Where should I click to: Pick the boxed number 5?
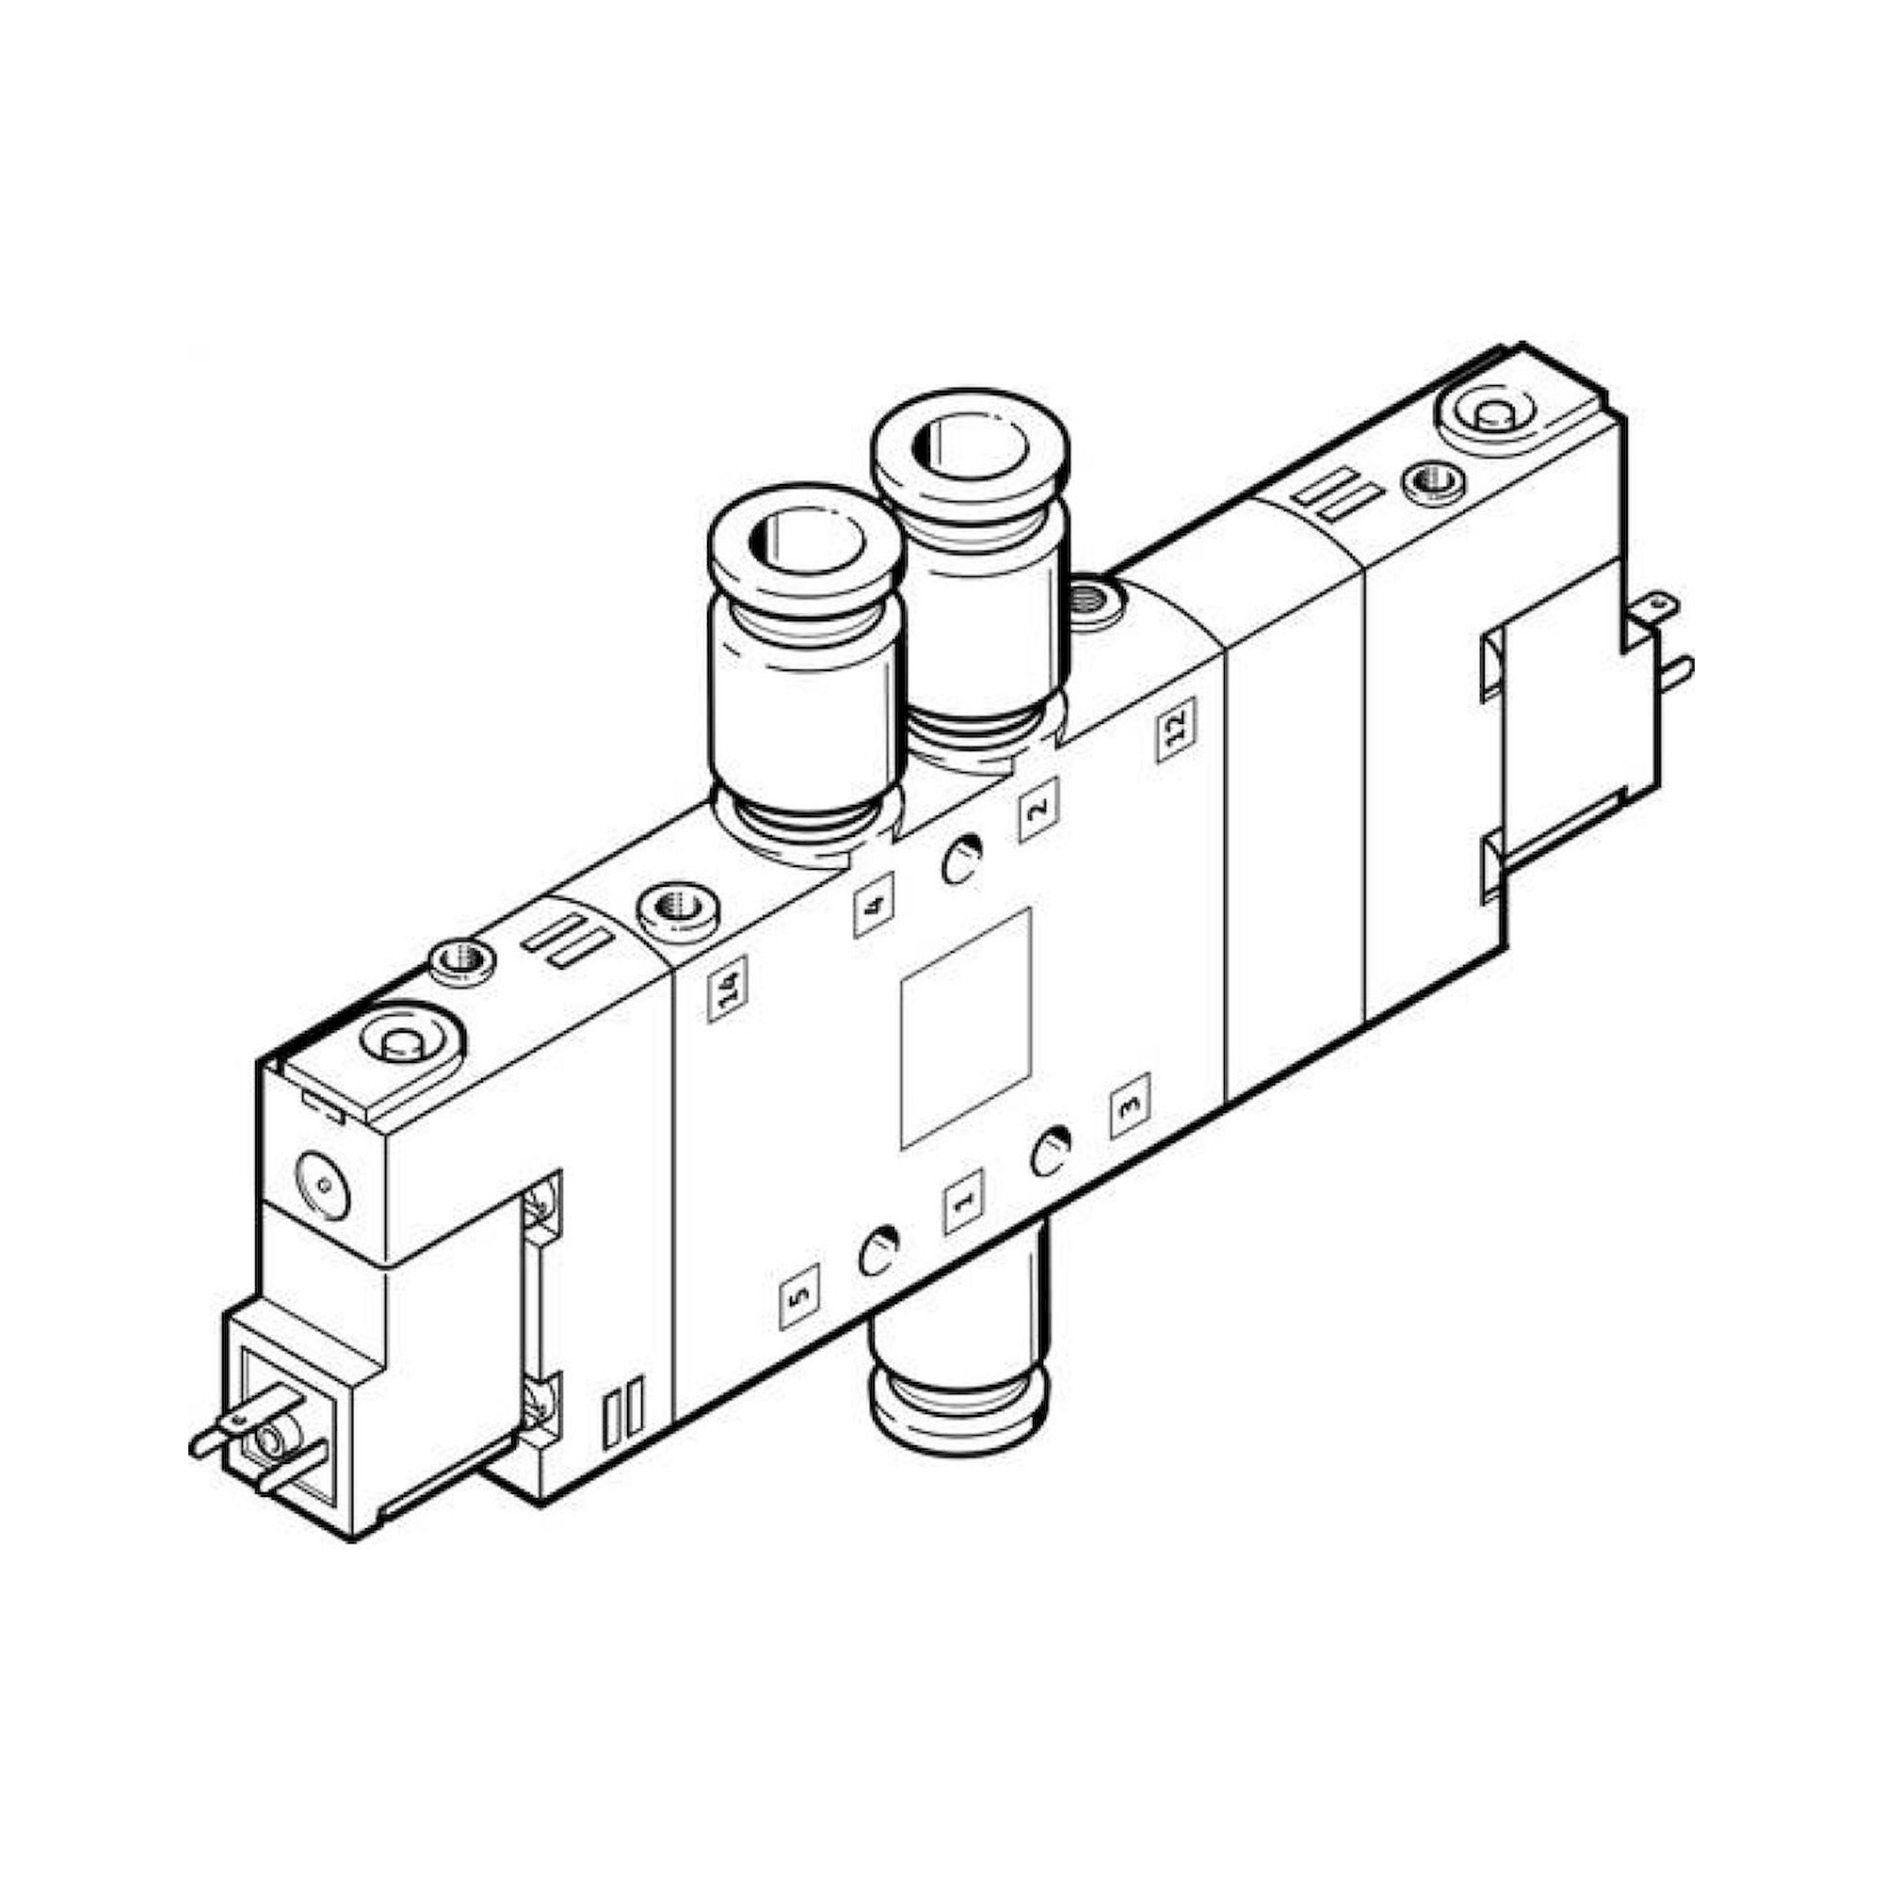click(799, 1297)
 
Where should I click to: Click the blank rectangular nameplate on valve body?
click(966, 1028)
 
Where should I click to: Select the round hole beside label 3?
click(1052, 1153)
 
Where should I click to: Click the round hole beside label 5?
click(879, 1253)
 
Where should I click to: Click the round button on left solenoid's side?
click(322, 1185)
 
